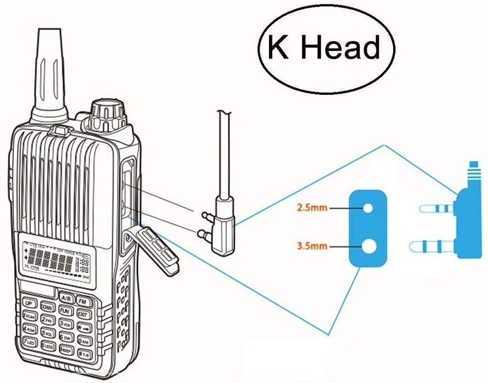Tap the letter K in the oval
[x=278, y=48]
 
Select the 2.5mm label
[x=311, y=209]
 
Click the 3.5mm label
[x=311, y=247]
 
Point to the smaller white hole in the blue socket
[x=368, y=209]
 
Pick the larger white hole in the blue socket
[x=369, y=247]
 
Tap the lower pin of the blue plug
[x=433, y=247]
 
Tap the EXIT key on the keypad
[x=83, y=315]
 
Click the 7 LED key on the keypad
[x=30, y=342]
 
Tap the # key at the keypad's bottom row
[x=85, y=355]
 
